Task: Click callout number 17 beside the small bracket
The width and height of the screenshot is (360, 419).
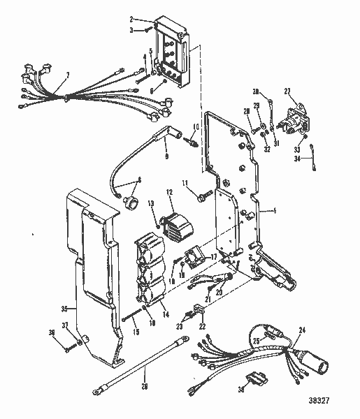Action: (214, 257)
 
